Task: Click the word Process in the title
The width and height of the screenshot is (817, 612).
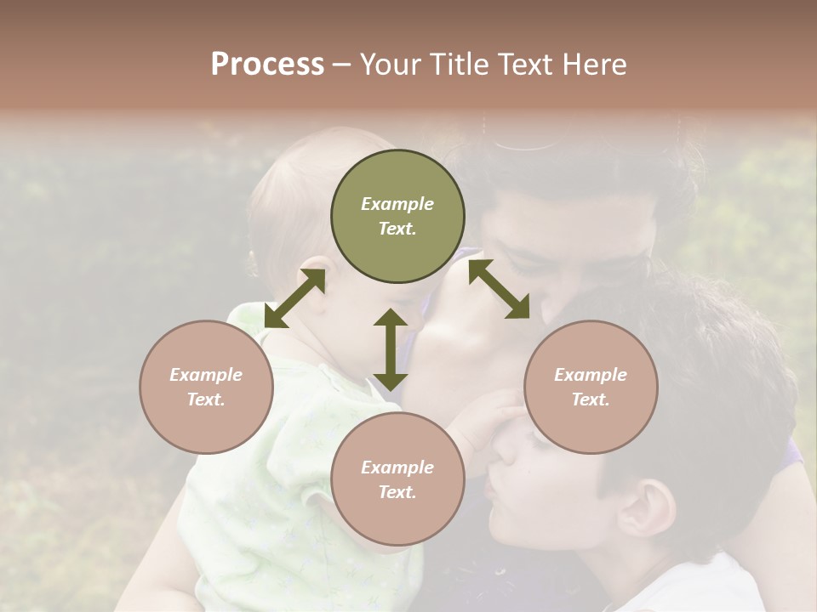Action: [267, 65]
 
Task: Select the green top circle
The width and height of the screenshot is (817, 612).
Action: [397, 217]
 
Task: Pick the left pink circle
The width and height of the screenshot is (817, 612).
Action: [206, 387]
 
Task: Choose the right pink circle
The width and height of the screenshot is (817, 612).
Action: [591, 387]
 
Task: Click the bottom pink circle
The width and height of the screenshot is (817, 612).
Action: [397, 479]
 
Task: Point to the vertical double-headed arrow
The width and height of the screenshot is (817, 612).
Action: [391, 349]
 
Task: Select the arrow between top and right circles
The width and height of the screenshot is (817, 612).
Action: [499, 290]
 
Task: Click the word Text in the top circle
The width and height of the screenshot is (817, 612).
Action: [397, 229]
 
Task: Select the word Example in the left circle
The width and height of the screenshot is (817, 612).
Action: [206, 375]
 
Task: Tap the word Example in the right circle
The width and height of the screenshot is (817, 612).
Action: [591, 375]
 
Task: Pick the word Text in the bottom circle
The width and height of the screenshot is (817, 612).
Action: [397, 492]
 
